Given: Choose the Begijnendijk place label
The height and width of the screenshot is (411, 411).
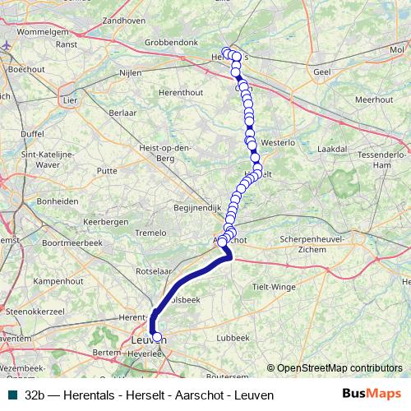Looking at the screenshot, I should pos(194,208).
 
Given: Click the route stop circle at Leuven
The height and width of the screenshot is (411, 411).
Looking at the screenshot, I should pos(157,337).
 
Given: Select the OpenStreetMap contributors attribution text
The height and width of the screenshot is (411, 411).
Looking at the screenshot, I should pos(339,368).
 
